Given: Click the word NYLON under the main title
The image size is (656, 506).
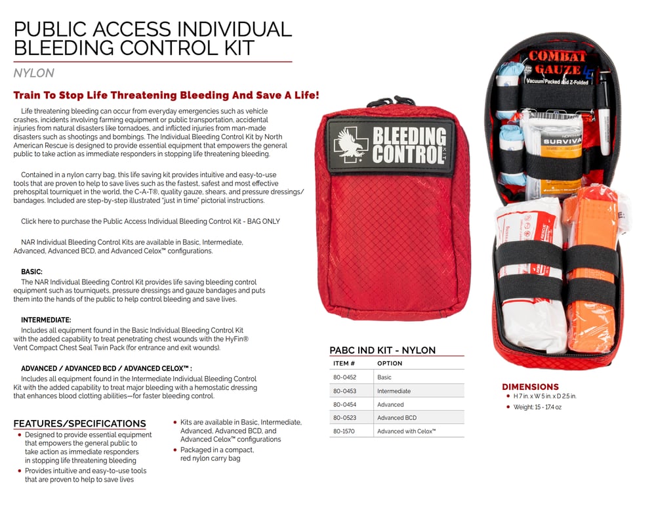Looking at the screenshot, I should point(33,74).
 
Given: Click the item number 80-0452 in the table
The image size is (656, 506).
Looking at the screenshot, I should point(344,377).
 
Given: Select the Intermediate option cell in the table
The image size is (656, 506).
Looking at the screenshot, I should point(394,391).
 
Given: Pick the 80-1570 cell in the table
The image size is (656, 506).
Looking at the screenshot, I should point(344,431).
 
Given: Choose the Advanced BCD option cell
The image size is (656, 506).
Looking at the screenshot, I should point(396,418).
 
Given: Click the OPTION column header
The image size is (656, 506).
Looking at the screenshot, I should point(390,363).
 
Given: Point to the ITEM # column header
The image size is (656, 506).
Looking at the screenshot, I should point(344,363).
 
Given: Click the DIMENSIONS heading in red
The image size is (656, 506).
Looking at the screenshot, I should point(530,387).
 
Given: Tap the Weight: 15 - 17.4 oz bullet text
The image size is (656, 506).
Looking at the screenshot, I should point(538,408).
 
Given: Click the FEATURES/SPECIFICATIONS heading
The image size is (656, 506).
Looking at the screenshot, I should point(79,423).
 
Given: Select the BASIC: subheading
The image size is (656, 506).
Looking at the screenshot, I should point(32,271).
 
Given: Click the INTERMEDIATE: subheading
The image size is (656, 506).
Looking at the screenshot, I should point(46,320).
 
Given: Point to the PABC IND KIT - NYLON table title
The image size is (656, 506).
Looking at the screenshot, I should point(382,350).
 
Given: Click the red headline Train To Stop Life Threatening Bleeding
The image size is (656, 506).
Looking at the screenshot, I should point(166,95).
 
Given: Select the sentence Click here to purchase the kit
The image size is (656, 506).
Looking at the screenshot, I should point(150,221).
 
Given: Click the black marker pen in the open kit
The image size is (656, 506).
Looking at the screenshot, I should point(604,112).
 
